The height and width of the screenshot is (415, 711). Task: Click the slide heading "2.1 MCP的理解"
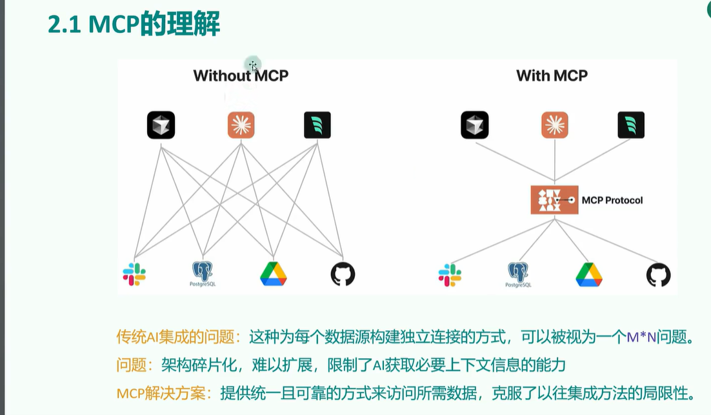pos(134,25)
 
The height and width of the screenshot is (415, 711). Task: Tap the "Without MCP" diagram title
pos(241,76)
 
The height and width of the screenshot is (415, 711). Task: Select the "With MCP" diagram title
pos(552,76)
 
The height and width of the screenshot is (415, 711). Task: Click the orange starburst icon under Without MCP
pos(241,125)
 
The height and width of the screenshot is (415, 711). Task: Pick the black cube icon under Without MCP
pos(161,125)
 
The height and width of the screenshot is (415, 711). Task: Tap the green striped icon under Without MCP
pos(317,125)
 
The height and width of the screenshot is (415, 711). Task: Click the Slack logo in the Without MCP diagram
pos(134,274)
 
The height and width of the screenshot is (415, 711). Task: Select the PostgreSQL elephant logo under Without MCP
pos(203,274)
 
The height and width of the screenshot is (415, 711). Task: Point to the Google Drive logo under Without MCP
pos(273,274)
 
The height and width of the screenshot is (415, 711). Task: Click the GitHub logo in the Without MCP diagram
pos(343,274)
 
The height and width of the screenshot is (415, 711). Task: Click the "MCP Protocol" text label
pos(612,200)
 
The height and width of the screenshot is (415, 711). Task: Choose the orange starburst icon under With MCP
pos(555,125)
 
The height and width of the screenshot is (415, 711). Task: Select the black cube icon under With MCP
pos(474,125)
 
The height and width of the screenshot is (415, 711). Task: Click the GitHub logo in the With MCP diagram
pos(658,275)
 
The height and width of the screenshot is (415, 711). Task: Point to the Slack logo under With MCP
pos(450,275)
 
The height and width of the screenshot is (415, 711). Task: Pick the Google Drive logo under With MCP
pos(588,274)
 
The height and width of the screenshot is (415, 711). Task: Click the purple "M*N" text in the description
pos(645,336)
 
